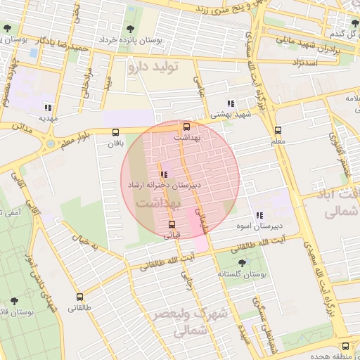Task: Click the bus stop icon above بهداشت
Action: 186,127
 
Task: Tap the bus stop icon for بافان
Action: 115,131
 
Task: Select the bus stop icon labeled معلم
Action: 278,130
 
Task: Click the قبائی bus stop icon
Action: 172,224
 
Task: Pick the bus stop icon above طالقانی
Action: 79,297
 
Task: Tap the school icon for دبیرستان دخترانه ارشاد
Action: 164,174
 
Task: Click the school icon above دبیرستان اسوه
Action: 259,215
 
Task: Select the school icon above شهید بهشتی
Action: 231,103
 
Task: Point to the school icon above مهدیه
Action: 48,108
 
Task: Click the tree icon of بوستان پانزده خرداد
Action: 130,30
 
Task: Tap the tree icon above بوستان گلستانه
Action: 243,262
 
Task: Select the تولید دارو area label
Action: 154,67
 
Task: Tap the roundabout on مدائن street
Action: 50,144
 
